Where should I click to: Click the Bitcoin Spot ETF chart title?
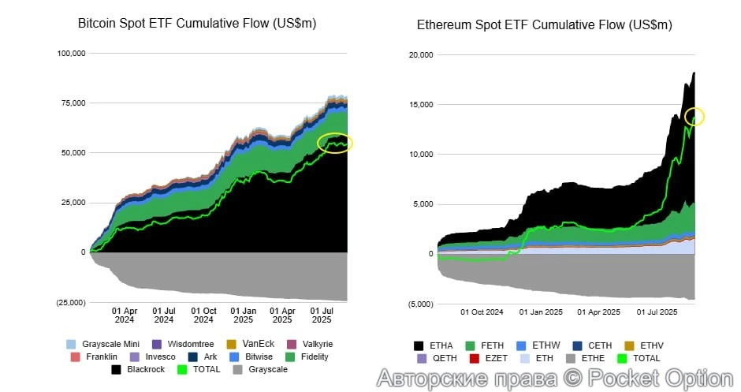pyautogui.click(x=196, y=24)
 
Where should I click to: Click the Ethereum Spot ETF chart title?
pyautogui.click(x=545, y=25)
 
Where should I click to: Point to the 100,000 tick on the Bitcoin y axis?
pyautogui.click(x=70, y=54)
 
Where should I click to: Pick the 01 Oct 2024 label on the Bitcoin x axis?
pyautogui.click(x=204, y=315)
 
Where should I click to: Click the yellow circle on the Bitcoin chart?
pyautogui.click(x=335, y=143)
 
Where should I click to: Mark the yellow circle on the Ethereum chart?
pyautogui.click(x=694, y=117)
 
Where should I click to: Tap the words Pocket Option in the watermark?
pyautogui.click(x=664, y=378)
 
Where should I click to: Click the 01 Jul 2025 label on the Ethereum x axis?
pyautogui.click(x=656, y=312)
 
